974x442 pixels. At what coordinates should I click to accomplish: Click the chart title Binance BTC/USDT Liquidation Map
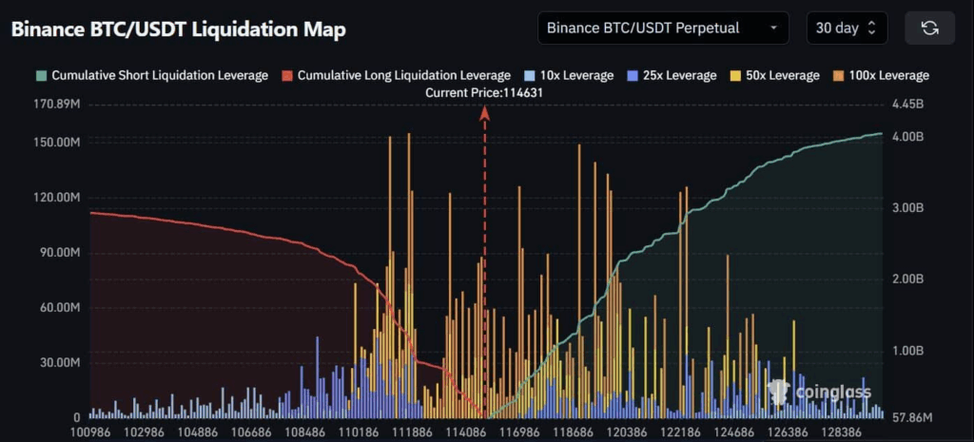click(179, 29)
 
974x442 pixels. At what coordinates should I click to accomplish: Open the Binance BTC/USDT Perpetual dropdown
click(663, 28)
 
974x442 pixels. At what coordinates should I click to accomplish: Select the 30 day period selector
click(846, 28)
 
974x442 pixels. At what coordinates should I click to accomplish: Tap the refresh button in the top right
click(929, 28)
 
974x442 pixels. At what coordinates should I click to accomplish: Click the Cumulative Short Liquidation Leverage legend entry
click(152, 75)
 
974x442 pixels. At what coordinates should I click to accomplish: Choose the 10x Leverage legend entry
click(569, 75)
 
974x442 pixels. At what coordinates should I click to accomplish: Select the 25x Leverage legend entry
click(669, 75)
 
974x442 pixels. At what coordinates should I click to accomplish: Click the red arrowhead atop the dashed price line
click(484, 113)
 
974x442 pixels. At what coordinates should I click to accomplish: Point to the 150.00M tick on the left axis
click(56, 142)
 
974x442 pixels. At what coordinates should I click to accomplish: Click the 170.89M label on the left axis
click(56, 104)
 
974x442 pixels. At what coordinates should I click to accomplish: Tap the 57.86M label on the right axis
click(911, 417)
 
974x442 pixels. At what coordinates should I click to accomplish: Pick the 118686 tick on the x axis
click(573, 432)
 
